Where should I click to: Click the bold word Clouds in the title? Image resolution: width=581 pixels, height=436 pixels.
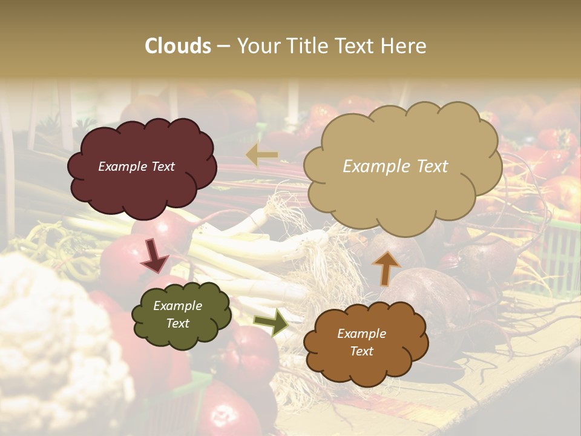tap(178, 46)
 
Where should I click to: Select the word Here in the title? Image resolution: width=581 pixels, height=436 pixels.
tap(404, 46)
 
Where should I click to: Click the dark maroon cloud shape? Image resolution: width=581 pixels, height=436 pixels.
tap(142, 188)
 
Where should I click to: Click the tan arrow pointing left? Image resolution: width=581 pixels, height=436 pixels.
tap(261, 156)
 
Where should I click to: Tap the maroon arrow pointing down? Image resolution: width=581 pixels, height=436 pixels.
tap(155, 255)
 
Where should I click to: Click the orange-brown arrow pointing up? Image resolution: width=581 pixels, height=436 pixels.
tap(386, 267)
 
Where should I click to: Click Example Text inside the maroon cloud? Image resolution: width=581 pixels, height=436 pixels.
tap(136, 167)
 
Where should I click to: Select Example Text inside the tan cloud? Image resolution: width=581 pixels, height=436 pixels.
tap(395, 167)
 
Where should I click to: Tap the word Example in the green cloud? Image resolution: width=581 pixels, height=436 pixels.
tap(177, 306)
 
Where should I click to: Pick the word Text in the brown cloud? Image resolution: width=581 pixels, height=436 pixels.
tap(362, 351)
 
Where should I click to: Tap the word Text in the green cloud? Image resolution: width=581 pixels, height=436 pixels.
tap(177, 323)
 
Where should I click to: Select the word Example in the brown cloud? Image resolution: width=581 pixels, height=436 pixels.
tap(361, 334)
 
